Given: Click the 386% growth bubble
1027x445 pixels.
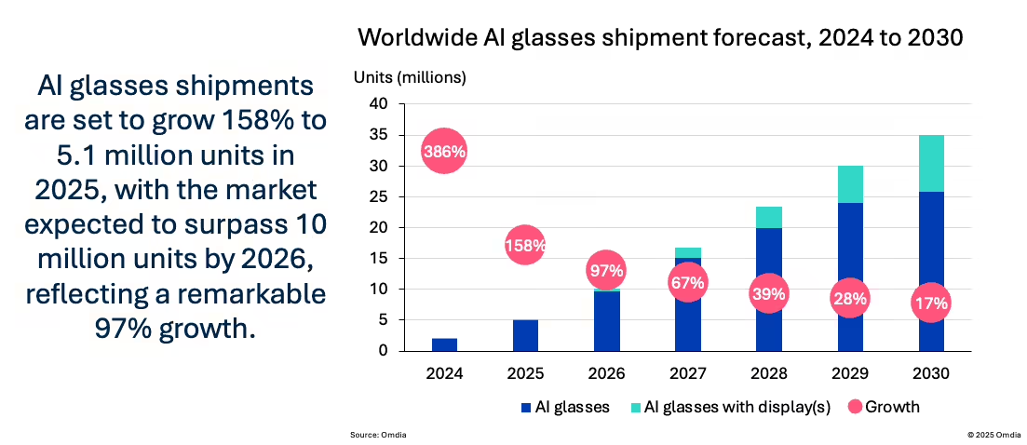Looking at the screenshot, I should point(444,151).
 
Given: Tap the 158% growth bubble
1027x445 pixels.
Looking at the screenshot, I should point(525,246).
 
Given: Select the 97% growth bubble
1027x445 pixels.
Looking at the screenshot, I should point(606,271).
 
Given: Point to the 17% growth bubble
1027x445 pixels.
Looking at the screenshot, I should point(931,303).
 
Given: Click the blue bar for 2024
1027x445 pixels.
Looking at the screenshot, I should point(444,344).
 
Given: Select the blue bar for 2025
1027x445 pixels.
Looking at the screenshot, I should point(525,335).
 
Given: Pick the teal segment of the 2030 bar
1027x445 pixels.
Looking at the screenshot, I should point(931,163).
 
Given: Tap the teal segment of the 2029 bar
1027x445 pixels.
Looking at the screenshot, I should point(850,184).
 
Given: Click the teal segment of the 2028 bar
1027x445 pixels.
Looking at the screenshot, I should point(769,217).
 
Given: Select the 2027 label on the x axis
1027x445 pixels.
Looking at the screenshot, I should point(688,374).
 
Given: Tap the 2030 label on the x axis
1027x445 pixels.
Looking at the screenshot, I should point(931,374).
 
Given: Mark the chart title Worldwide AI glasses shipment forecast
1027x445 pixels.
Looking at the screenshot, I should point(660,37).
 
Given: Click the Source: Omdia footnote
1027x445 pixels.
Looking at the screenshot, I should point(377,435).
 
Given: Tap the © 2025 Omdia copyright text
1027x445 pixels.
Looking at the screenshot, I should point(994,435).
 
